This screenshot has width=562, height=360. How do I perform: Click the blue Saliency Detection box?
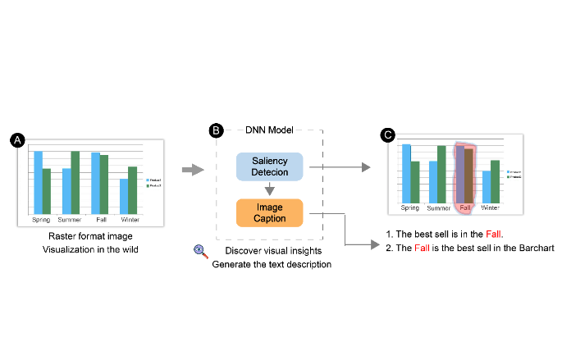(x=269, y=166)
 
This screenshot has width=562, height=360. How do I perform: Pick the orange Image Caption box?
(x=269, y=213)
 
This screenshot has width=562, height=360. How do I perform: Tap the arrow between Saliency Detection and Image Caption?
(x=269, y=189)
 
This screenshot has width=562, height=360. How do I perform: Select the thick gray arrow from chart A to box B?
(x=192, y=170)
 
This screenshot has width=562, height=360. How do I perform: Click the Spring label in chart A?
(x=41, y=220)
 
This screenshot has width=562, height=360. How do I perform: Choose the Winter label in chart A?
(x=130, y=220)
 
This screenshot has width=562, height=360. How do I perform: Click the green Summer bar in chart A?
(x=75, y=181)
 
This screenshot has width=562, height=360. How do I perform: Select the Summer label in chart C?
(x=438, y=207)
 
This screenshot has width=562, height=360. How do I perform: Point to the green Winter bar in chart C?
(x=495, y=180)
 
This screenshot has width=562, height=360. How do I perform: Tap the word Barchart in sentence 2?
(x=538, y=248)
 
